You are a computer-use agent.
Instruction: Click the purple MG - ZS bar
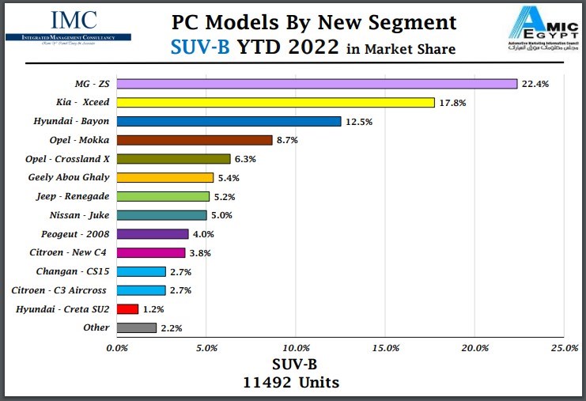point(316,84)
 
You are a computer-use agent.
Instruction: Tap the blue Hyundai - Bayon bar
point(229,121)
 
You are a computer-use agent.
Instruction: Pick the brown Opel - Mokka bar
point(195,140)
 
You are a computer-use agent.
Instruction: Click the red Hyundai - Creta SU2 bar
point(127,308)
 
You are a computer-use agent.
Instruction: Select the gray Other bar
point(136,327)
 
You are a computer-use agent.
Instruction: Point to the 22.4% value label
point(535,84)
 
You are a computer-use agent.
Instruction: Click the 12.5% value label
point(358,122)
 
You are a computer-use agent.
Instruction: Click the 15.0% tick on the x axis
point(385,347)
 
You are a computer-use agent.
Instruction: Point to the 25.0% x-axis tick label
point(565,347)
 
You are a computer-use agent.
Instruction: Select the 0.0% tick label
point(117,347)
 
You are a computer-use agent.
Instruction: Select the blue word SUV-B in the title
point(200,47)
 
